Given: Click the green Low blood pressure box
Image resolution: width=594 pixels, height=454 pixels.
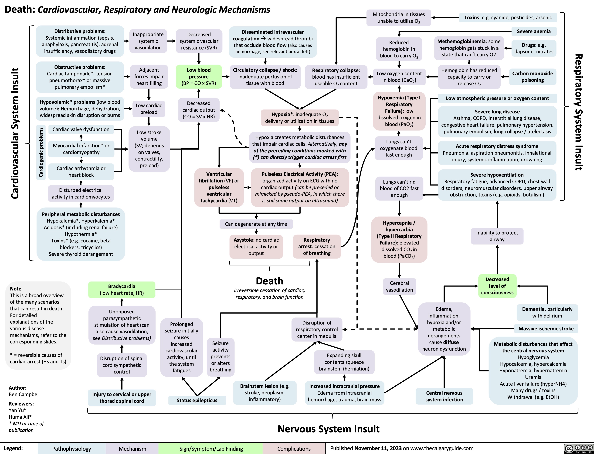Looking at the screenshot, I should pyautogui.click(x=199, y=77).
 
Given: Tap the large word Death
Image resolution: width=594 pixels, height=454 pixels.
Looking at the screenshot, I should pyautogui.click(x=269, y=281).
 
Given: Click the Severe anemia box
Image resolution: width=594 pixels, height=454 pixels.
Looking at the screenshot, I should pyautogui.click(x=533, y=31).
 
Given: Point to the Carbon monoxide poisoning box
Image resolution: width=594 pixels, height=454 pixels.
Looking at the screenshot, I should pyautogui.click(x=533, y=77).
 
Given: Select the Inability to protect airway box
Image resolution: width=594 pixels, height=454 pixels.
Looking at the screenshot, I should pyautogui.click(x=497, y=236).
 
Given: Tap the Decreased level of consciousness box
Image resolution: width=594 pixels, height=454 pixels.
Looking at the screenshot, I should pyautogui.click(x=497, y=286).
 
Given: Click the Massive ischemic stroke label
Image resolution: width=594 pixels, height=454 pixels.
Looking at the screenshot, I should pyautogui.click(x=546, y=329).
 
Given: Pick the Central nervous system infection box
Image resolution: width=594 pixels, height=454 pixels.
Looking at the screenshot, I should pyautogui.click(x=444, y=396).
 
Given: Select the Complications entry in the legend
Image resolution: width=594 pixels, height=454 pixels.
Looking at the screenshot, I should pyautogui.click(x=294, y=449).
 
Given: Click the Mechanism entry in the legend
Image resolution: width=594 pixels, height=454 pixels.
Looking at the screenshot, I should pyautogui.click(x=132, y=449).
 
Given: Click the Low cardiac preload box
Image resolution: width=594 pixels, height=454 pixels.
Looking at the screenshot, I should pyautogui.click(x=149, y=109).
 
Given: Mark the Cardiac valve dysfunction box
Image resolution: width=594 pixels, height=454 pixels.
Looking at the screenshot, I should pyautogui.click(x=81, y=129).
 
